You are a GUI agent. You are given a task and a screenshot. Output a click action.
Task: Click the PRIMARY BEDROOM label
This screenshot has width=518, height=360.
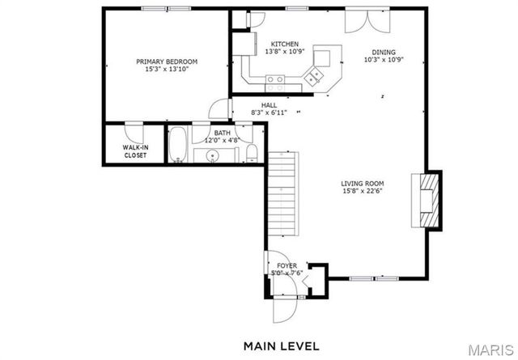166,61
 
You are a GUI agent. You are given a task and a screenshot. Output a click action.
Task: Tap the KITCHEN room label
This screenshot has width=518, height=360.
284,44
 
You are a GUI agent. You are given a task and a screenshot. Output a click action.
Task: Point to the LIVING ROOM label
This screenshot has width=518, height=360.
362,183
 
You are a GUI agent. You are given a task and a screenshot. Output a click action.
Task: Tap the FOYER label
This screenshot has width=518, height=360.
287,265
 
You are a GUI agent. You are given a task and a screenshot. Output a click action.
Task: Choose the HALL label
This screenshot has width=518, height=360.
270,105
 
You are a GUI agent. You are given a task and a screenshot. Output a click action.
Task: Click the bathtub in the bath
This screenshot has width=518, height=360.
179,146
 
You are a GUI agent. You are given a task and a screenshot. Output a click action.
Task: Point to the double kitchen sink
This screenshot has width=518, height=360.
312,78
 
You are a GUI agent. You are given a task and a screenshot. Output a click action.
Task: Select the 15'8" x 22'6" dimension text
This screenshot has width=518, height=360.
362,192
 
